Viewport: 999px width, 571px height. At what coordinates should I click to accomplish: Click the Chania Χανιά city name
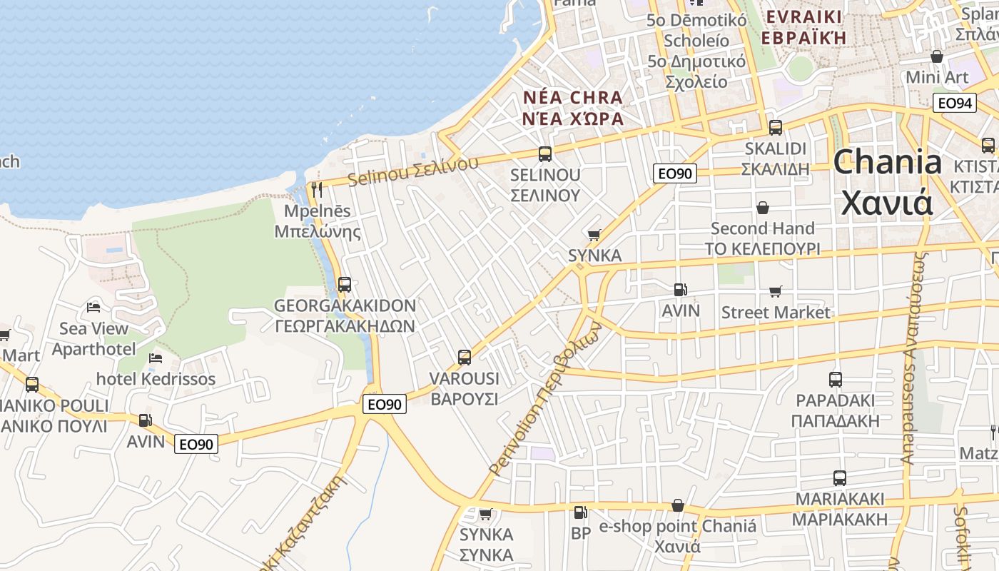[x=887, y=182]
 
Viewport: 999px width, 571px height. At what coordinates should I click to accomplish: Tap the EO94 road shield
[x=955, y=103]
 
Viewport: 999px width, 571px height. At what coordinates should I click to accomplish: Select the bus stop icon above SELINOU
[x=545, y=153]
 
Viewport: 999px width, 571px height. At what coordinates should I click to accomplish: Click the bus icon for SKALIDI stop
[x=776, y=128]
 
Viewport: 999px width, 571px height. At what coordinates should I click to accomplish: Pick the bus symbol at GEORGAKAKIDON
[x=345, y=285]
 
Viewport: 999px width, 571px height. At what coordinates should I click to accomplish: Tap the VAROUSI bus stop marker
[x=465, y=358]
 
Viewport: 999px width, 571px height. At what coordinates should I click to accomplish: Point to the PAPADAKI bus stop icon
[x=836, y=380]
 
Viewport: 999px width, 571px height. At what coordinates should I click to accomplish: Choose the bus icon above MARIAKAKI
[x=840, y=478]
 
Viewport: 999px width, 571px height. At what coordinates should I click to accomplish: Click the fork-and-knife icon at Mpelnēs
[x=318, y=190]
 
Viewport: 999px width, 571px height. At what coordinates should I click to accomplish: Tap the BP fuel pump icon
[x=581, y=512]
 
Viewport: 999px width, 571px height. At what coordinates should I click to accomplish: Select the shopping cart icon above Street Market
[x=776, y=291]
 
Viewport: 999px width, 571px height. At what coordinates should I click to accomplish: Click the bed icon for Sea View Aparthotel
[x=93, y=308]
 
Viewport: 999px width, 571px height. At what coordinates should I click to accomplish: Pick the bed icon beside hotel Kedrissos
[x=156, y=358]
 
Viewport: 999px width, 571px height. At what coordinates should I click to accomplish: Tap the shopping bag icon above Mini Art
[x=937, y=56]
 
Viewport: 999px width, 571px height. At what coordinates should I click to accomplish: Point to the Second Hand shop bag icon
[x=763, y=208]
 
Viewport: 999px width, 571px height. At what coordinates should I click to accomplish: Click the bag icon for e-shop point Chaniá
[x=678, y=506]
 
